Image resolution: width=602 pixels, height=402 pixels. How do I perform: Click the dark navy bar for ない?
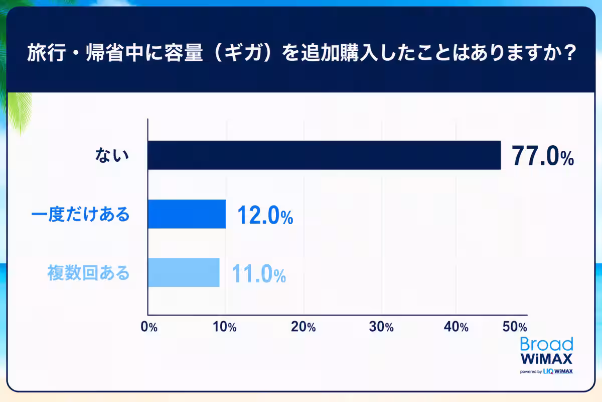[325, 155]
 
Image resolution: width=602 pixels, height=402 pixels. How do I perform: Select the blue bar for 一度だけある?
[187, 214]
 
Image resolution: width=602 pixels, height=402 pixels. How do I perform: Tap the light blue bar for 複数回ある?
[184, 272]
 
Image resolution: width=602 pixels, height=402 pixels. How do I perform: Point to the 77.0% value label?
[543, 156]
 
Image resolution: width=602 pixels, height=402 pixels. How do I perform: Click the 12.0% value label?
[265, 215]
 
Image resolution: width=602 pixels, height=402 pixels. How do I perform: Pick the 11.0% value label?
[258, 274]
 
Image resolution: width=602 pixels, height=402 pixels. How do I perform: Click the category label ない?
[112, 155]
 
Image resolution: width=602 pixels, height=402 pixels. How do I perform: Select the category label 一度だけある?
[80, 215]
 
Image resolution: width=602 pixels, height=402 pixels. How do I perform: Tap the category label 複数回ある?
[88, 273]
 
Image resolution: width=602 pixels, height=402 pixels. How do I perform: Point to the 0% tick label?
[149, 327]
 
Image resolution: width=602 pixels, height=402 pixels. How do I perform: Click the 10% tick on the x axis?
[224, 327]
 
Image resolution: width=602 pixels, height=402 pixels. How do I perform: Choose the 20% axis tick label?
[303, 327]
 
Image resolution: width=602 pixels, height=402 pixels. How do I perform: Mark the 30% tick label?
[381, 327]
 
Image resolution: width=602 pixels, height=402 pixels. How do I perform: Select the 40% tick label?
[456, 327]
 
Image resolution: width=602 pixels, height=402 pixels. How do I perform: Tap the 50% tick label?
[515, 327]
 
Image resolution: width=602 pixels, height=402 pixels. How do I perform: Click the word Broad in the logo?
[547, 344]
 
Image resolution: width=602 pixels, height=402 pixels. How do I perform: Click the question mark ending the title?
[570, 53]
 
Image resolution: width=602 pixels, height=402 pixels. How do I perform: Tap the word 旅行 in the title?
[47, 53]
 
